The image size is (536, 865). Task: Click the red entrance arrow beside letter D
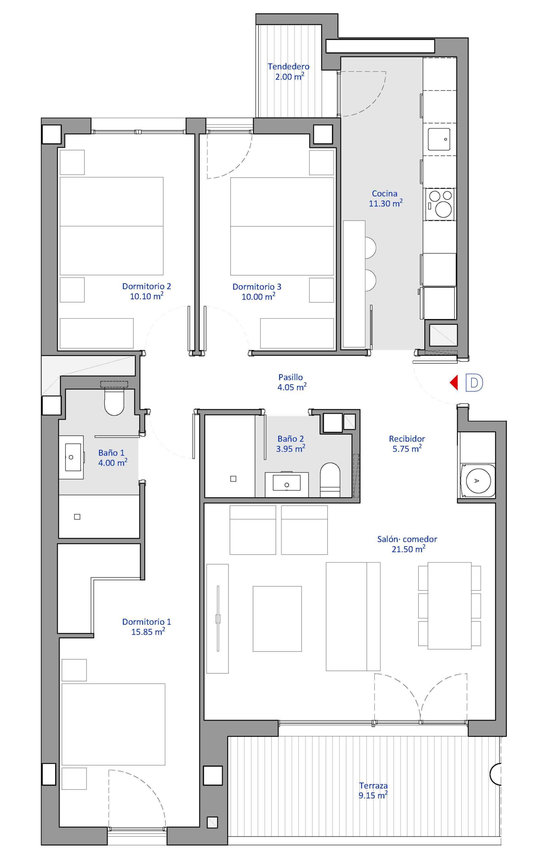454,382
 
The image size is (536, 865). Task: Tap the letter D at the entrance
474,383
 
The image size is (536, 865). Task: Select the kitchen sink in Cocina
439,139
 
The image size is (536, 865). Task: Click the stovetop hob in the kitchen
439,204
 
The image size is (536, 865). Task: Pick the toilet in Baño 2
330,479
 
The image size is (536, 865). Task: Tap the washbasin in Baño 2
287,484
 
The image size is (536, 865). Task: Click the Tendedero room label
289,66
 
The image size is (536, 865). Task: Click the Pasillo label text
291,377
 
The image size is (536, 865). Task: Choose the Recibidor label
407,438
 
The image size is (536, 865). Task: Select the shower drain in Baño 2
233,479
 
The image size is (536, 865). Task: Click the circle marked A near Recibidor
477,480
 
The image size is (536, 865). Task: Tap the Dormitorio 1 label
146,622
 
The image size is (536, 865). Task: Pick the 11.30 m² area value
386,203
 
